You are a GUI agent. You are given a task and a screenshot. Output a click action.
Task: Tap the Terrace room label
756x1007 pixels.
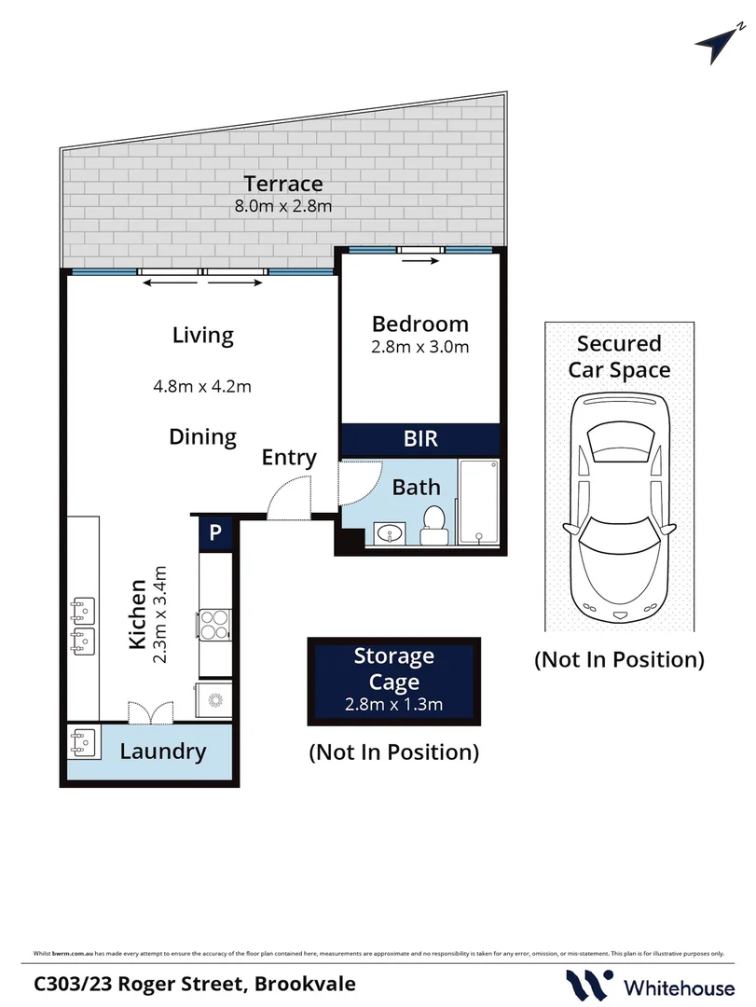283,184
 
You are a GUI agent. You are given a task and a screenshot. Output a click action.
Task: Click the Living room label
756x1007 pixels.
202,335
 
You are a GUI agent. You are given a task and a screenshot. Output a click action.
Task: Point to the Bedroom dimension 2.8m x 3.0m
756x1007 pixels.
420,347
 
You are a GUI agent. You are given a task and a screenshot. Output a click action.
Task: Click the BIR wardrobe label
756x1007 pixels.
420,438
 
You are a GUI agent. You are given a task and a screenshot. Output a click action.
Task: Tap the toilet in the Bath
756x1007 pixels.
433,525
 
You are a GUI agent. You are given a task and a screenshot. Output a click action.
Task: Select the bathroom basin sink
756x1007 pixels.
388,532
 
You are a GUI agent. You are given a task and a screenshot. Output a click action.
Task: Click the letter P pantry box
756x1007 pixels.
215,533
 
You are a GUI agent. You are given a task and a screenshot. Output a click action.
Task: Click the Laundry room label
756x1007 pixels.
163,752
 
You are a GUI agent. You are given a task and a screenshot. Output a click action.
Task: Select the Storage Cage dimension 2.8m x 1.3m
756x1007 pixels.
393,704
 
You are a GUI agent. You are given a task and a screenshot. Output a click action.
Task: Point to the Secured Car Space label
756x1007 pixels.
620,356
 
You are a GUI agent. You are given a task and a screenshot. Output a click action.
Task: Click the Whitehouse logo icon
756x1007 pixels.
589,985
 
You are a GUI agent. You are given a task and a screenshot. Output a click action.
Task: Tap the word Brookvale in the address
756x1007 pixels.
304,983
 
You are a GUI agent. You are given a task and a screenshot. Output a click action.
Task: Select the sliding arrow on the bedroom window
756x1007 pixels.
421,262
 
